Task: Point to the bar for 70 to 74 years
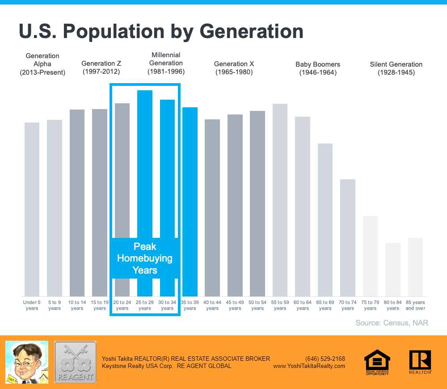pos(348,237)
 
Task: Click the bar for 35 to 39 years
pos(190,202)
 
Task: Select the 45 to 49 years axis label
pos(235,305)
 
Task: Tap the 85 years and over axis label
pos(415,305)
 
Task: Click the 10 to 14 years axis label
pos(77,305)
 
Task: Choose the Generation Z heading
pos(101,68)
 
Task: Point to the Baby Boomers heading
pos(318,68)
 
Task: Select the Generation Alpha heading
pos(42,64)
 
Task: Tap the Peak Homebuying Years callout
pos(145,258)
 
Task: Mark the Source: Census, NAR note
pos(392,322)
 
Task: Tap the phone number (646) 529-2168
pos(325,359)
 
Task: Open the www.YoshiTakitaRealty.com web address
pos(309,366)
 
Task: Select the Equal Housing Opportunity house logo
pos(377,362)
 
